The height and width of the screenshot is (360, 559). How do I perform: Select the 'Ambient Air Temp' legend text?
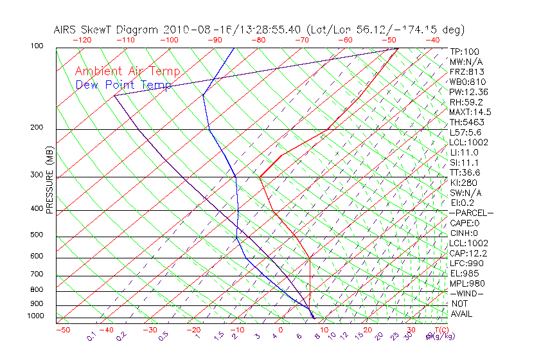(127, 72)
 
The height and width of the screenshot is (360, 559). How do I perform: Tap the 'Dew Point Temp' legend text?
(123, 85)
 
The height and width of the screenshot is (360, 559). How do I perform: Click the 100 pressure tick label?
(37, 46)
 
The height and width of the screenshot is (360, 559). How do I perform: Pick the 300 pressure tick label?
(37, 175)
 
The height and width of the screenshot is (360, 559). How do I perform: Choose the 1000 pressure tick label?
(35, 316)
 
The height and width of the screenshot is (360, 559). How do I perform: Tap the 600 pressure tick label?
(37, 256)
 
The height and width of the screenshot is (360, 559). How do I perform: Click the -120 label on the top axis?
(82, 40)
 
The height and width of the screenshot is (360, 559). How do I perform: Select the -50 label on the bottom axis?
(62, 329)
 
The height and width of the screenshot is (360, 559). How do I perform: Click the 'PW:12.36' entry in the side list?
(468, 92)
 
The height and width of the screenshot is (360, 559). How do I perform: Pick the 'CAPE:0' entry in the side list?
(466, 223)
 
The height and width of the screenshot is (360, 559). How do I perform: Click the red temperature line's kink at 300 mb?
(260, 177)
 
